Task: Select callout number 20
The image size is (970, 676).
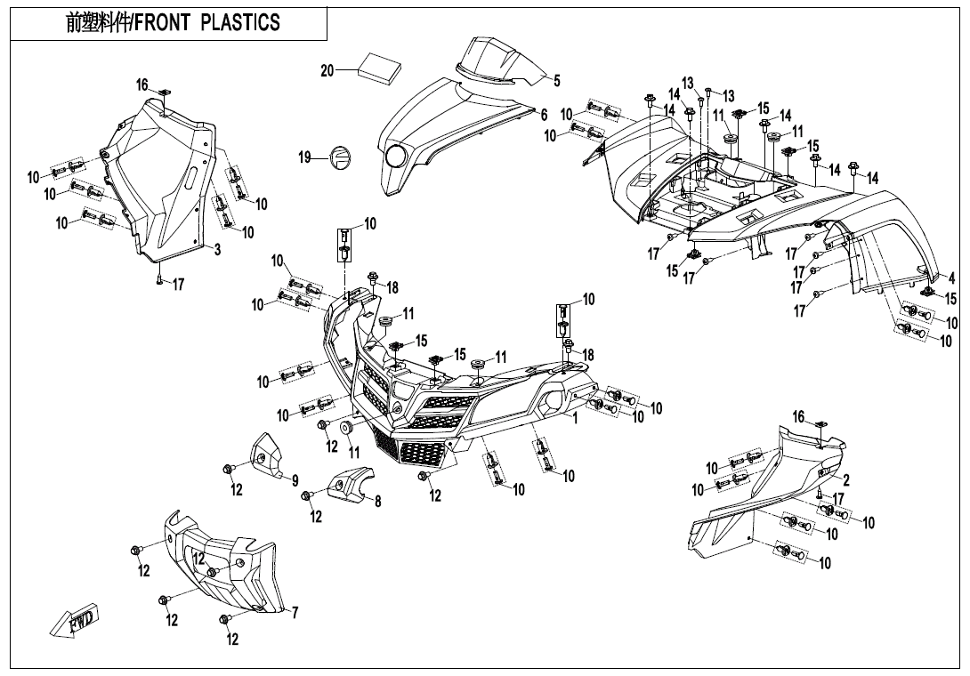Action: (327, 71)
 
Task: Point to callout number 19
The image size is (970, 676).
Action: (305, 157)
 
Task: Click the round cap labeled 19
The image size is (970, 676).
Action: (338, 157)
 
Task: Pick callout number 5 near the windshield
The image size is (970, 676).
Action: (557, 81)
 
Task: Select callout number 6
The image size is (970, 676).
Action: (544, 115)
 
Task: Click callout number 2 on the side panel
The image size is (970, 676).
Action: (845, 480)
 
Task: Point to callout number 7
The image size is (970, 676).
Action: (295, 612)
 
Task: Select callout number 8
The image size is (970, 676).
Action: (377, 502)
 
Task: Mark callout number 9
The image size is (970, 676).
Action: (295, 481)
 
